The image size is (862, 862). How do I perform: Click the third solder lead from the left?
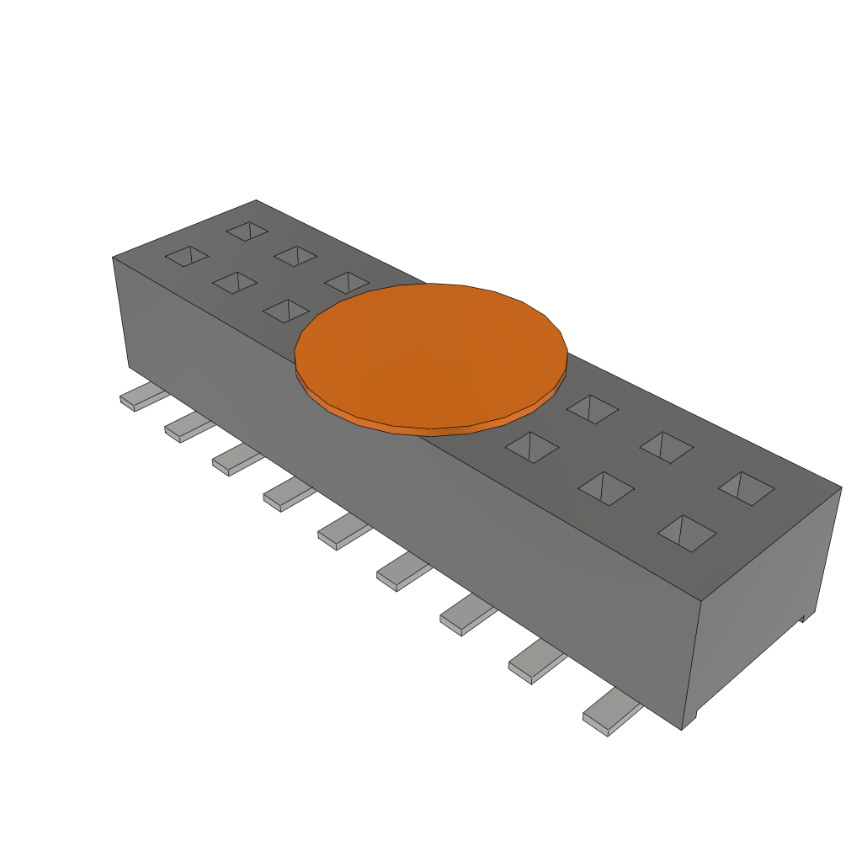tap(237, 461)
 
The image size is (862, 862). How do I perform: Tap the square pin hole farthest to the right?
tap(746, 488)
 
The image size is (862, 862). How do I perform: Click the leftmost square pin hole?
tap(187, 256)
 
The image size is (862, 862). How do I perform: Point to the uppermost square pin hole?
tap(247, 231)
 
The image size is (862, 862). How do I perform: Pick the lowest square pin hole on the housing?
tap(687, 533)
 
